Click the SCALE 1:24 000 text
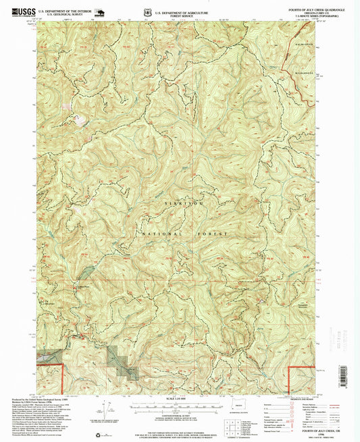tap(174, 398)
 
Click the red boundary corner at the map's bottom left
tap(63, 366)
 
